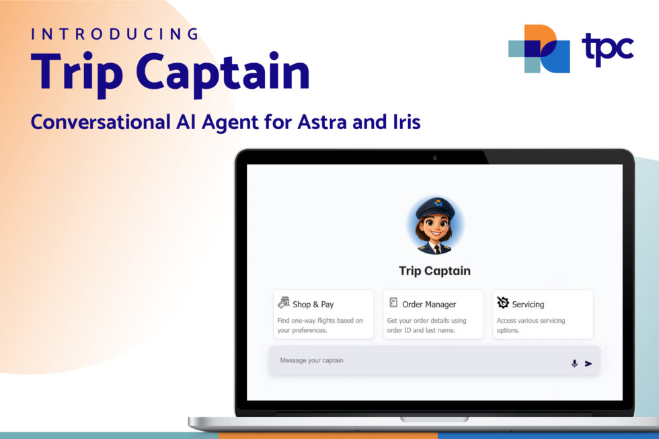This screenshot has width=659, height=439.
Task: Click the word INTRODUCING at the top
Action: point(116,34)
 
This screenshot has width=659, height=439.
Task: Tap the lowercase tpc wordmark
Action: point(607,48)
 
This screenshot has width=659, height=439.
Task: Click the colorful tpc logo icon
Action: point(539,48)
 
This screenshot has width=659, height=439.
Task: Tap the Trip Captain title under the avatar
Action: point(434,271)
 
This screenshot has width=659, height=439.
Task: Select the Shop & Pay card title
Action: point(313,305)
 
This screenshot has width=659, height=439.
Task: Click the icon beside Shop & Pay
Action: point(284,303)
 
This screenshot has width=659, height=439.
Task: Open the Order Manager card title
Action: point(429,305)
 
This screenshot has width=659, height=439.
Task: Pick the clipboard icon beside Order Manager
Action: point(393,303)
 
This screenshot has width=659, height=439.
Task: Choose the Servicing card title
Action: point(528,305)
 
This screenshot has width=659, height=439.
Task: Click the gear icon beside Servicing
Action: point(503,303)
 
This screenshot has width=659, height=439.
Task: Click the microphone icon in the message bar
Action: point(574,364)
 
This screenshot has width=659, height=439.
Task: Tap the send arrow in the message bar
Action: point(588,364)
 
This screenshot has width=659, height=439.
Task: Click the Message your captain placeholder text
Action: point(311,361)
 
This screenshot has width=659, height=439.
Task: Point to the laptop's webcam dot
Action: point(434,157)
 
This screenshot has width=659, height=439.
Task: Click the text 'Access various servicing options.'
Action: point(531,325)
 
